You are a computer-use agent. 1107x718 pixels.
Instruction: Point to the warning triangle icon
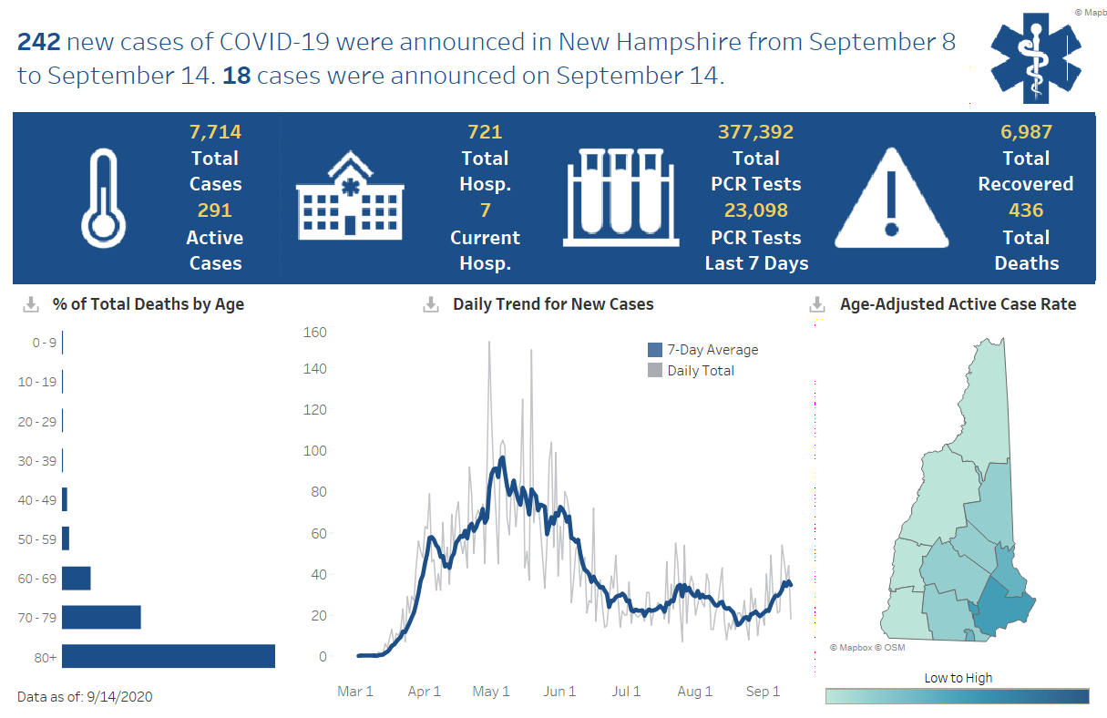coord(892,199)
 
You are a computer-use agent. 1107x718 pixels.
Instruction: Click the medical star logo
coord(1036,56)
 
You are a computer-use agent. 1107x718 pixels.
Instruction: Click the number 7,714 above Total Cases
coord(215,132)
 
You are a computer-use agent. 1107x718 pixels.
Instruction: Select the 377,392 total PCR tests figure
coord(755,132)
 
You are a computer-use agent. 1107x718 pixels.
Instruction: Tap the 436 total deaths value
coord(1026,210)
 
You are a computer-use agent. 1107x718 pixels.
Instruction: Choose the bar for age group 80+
coord(169,656)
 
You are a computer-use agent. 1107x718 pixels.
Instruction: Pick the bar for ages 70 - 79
coord(101,617)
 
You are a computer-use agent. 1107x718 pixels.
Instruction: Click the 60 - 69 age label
coord(36,578)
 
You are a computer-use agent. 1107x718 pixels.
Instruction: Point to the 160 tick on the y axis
coord(314,332)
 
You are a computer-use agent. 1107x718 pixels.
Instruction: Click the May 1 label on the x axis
coord(491,692)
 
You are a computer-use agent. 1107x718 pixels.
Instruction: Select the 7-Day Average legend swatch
coord(655,350)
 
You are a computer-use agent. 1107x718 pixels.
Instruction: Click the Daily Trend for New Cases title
coord(553,304)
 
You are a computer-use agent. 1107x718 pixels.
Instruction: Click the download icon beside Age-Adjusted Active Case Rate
coord(817,304)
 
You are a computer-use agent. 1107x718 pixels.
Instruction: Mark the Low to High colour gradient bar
coord(957,696)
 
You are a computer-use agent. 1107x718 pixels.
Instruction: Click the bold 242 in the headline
coord(38,42)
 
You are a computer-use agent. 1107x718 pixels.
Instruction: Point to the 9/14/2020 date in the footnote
coord(119,697)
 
